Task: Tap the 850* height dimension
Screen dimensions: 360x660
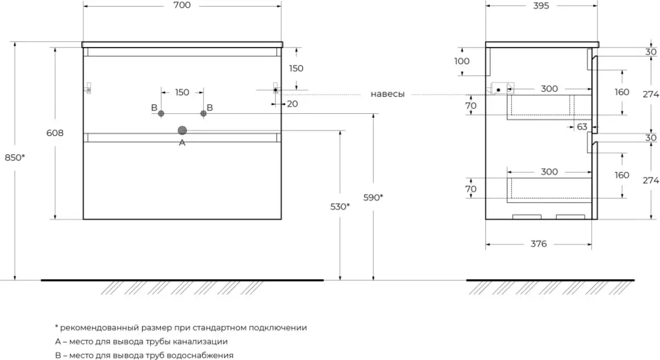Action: pos(15,157)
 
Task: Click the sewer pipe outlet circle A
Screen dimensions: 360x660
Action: pos(182,131)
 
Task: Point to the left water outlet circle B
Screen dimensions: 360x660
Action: pos(161,113)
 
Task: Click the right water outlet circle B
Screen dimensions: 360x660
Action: pos(203,113)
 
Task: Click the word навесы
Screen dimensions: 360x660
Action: pos(387,94)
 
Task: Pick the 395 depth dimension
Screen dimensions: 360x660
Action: pos(541,6)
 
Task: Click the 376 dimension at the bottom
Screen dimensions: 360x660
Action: pos(538,244)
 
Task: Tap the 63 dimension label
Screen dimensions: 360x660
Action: pos(582,127)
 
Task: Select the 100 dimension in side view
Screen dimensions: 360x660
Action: pos(462,61)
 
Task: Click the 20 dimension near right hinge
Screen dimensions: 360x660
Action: pos(292,103)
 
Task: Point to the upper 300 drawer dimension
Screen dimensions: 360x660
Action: pos(549,88)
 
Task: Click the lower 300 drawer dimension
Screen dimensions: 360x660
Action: pos(549,171)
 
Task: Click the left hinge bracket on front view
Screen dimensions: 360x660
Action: pos(88,88)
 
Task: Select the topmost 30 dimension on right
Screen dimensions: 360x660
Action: pos(651,52)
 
